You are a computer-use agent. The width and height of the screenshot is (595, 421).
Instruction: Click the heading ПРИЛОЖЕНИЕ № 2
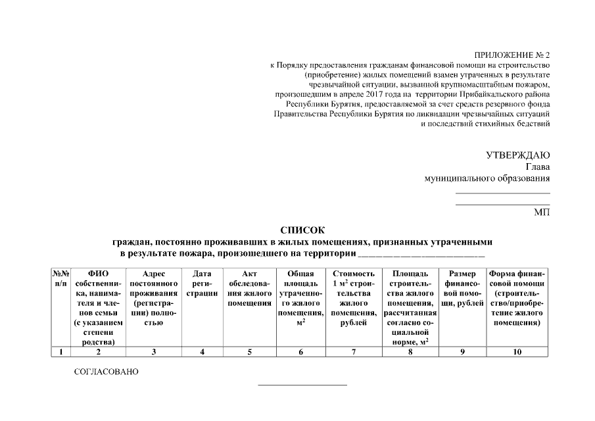click(x=511, y=55)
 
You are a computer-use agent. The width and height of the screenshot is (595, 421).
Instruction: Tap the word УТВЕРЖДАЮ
click(x=517, y=155)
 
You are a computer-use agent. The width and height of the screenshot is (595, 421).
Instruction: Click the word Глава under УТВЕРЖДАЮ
click(x=537, y=167)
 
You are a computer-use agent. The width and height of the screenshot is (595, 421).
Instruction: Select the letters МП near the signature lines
click(x=542, y=212)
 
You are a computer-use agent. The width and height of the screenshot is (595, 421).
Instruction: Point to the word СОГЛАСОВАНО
click(x=107, y=372)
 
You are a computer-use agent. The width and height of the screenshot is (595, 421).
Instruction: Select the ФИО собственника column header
click(x=98, y=307)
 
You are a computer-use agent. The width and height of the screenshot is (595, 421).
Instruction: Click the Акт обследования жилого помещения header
click(x=249, y=288)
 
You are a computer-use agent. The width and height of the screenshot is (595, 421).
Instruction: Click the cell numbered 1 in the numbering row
click(x=60, y=352)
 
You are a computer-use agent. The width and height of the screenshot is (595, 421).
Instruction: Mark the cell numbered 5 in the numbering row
click(x=249, y=352)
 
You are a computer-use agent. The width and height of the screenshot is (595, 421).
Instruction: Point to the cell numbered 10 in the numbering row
click(x=517, y=352)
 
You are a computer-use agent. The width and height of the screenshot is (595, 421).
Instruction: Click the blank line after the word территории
click(x=421, y=254)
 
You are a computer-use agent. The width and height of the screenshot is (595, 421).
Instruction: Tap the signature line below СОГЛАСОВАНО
click(x=302, y=384)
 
